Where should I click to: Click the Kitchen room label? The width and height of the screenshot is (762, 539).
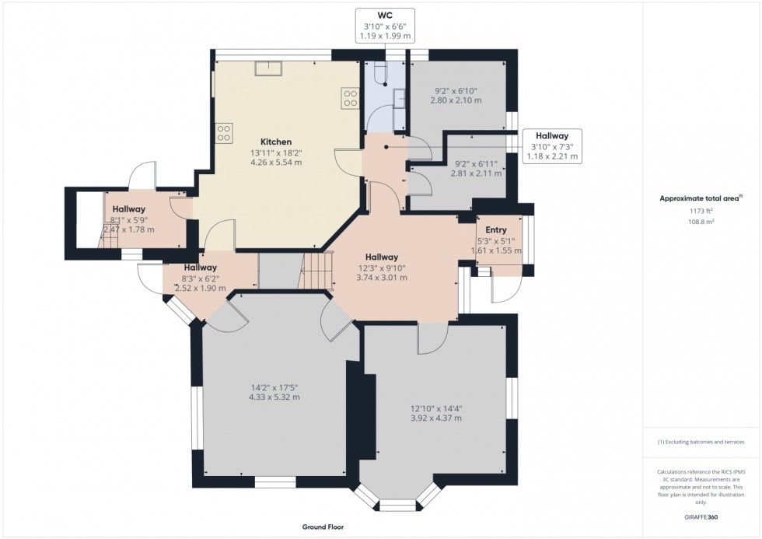coord(276,142)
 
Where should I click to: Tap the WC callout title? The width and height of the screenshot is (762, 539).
coord(385,16)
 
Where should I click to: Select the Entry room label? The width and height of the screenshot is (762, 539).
coord(496,230)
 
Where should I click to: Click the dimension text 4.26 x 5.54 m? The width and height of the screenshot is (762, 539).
coord(276,163)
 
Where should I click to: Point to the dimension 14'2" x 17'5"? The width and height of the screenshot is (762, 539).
coord(274,387)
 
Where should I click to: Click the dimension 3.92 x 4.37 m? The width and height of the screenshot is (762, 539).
coord(436,418)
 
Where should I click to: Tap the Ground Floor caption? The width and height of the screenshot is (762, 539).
coord(323,527)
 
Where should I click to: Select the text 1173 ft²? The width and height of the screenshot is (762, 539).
coord(701,211)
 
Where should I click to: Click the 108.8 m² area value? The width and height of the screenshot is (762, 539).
coord(701,222)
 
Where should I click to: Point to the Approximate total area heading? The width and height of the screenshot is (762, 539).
coord(701,198)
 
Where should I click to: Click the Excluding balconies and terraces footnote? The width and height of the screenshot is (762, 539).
coord(701,443)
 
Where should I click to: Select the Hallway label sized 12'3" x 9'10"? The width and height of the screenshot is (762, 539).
coord(382,257)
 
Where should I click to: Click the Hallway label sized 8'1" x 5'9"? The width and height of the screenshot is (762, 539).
coord(129,209)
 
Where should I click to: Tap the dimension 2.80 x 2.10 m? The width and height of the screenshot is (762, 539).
coord(456,100)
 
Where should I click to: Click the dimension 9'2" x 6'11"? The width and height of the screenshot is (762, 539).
coord(476,164)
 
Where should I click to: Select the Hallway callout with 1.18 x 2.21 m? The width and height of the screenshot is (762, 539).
coord(552,145)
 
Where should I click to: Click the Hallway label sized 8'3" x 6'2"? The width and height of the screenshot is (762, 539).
coord(201,268)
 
